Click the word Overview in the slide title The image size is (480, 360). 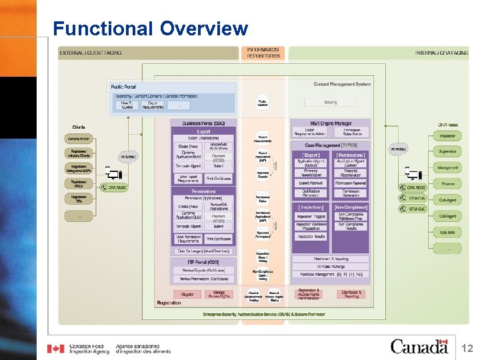coord(204,29)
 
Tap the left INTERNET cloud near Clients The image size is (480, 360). coord(128,157)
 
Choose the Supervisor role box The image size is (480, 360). coord(447,151)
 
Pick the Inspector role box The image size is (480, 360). coord(447,136)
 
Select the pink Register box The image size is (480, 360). coord(187,294)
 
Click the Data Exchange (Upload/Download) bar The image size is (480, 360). coord(204,251)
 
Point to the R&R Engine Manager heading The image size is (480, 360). coord(330,123)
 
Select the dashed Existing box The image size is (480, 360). coord(331,103)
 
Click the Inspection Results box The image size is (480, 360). coord(311,236)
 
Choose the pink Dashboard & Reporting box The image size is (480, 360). coord(351,294)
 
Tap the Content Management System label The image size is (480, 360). coord(341,84)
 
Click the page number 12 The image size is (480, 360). coord(466,347)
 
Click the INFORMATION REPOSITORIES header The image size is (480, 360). coord(263,53)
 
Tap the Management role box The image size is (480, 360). coord(447,167)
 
